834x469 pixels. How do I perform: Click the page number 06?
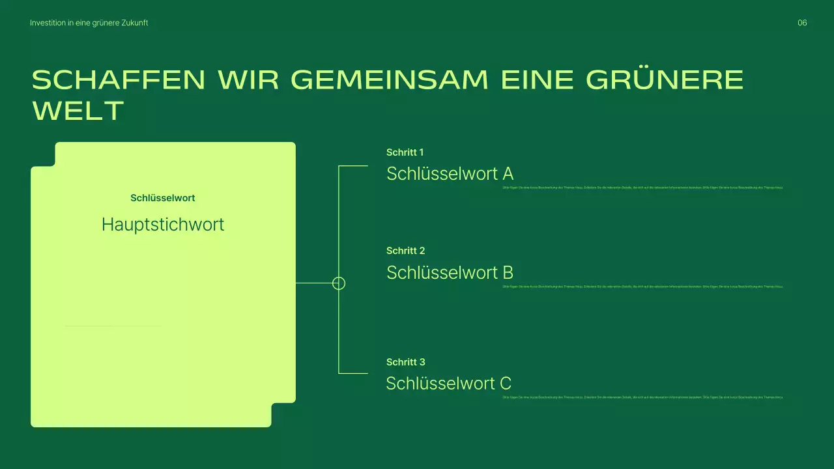[x=802, y=23]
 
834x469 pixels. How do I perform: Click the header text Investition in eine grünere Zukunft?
[x=89, y=23]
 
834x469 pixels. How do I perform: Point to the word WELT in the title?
[x=78, y=111]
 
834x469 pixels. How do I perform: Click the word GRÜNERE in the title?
[x=665, y=80]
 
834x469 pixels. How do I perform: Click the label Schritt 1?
[x=405, y=152]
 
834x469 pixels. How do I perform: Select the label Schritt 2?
[x=405, y=251]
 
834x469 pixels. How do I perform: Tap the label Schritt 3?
[x=405, y=362]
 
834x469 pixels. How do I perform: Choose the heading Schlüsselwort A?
[x=450, y=174]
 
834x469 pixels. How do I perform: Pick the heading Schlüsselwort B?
[x=450, y=272]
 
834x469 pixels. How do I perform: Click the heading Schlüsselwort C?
[x=448, y=384]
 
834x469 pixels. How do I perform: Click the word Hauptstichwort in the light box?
[x=163, y=225]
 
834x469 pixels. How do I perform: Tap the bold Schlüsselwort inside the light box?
[x=162, y=198]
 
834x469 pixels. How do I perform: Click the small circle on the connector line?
[x=339, y=283]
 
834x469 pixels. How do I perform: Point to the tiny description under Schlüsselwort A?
[x=642, y=188]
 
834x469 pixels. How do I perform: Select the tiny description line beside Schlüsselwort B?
[x=642, y=286]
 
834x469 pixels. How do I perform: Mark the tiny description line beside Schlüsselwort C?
[x=642, y=397]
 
